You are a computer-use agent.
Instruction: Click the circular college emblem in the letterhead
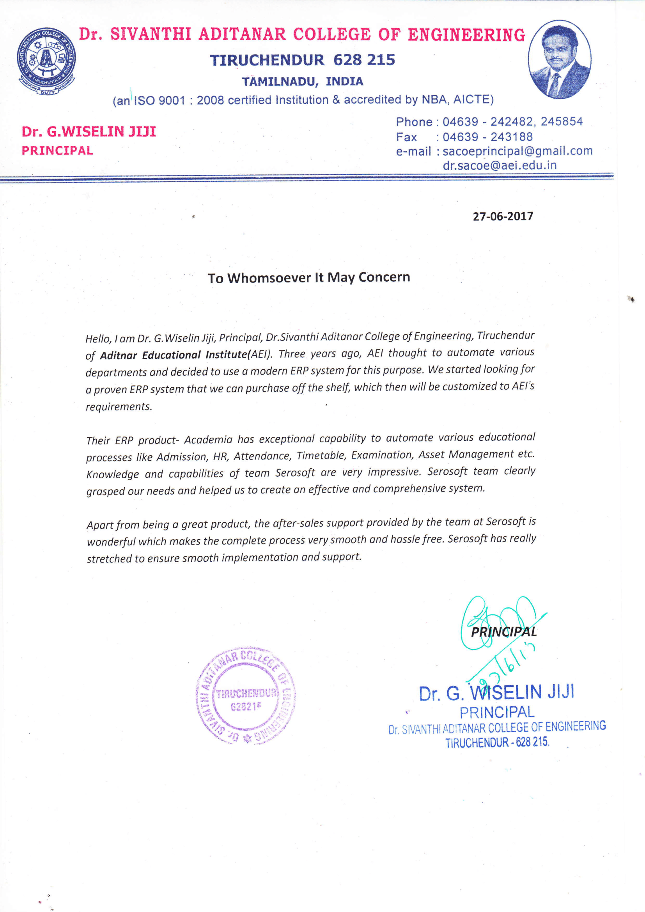point(46,61)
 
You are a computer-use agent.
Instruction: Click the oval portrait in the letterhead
point(559,59)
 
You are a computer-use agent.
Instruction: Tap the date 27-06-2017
point(502,216)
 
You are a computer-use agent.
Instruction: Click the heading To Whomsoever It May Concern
point(308,277)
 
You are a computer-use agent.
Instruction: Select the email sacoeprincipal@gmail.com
point(517,151)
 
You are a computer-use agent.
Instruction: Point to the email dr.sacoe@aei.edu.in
point(500,165)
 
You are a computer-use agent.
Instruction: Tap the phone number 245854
point(561,121)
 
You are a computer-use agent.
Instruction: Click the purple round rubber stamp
point(245,695)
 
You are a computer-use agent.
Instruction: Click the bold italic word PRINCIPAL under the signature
point(503,632)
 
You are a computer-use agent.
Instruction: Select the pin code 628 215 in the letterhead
point(364,60)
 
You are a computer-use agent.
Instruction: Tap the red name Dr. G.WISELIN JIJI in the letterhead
point(89,131)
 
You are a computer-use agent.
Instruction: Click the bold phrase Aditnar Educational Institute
point(174,355)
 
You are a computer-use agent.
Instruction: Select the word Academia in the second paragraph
point(208,440)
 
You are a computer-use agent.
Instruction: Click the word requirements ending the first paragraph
point(119,407)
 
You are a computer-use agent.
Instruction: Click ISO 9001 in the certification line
point(159,100)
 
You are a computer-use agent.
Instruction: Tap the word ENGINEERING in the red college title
point(466,35)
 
